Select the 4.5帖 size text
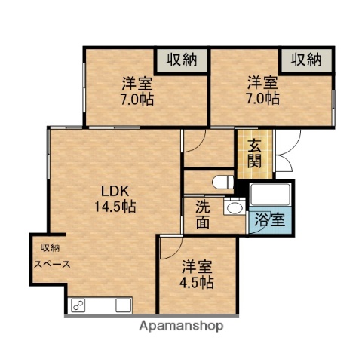(x=198, y=282)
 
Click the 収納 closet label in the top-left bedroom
(x=182, y=60)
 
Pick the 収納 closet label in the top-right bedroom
(x=306, y=60)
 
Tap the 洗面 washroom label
(x=204, y=215)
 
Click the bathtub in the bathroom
(x=271, y=196)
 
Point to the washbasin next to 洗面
(x=235, y=209)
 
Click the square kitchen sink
(x=124, y=305)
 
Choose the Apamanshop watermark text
(x=181, y=326)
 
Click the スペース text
(x=51, y=264)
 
